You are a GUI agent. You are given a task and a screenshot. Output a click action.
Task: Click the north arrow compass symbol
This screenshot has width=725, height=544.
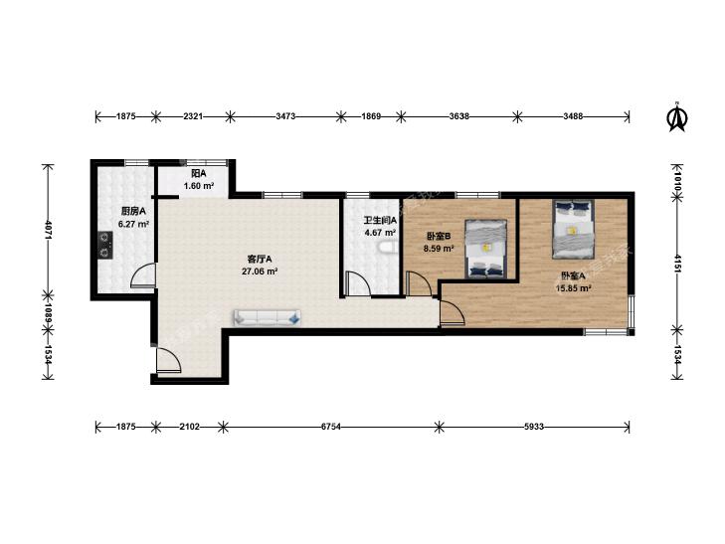tap(676, 117)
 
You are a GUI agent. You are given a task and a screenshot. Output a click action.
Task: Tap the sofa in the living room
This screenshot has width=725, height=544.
tap(268, 317)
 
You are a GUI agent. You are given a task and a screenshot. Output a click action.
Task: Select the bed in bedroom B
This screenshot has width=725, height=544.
tap(485, 249)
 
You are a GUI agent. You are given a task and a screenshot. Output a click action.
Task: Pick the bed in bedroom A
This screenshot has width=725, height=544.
tap(573, 230)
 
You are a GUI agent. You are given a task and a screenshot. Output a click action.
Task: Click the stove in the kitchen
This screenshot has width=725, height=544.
tap(105, 246)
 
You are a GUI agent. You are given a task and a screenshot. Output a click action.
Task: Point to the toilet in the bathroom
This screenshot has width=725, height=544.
tap(387, 249)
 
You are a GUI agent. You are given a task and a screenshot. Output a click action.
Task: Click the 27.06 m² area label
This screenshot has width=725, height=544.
tap(260, 272)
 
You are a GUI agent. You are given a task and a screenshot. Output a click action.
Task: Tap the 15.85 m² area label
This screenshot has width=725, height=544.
tap(574, 288)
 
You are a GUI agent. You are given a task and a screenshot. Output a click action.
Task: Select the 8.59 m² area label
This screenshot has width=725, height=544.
tap(439, 249)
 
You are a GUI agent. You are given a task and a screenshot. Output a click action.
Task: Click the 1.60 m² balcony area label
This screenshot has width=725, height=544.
tap(199, 186)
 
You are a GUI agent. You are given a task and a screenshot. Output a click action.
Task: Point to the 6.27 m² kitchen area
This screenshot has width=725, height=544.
tap(133, 224)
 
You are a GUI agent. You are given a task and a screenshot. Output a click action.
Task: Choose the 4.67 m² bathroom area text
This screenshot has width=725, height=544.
tap(380, 233)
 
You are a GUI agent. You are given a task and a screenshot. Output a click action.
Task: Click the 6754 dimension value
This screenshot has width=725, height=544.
tap(331, 427)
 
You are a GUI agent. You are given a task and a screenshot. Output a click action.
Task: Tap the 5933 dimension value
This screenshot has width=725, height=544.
tap(534, 427)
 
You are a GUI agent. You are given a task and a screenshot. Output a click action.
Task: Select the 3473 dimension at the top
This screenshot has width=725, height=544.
tap(285, 116)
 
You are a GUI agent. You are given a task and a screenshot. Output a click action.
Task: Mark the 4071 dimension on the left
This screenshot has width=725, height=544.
tap(48, 230)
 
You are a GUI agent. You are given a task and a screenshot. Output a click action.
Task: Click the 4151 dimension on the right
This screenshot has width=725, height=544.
tap(677, 264)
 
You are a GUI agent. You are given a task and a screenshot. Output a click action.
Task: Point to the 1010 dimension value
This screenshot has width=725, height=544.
tap(677, 180)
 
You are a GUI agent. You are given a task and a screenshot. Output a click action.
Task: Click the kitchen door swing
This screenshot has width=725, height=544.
tap(143, 275)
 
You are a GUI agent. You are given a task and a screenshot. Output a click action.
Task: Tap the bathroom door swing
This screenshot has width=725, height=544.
tap(358, 283)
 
